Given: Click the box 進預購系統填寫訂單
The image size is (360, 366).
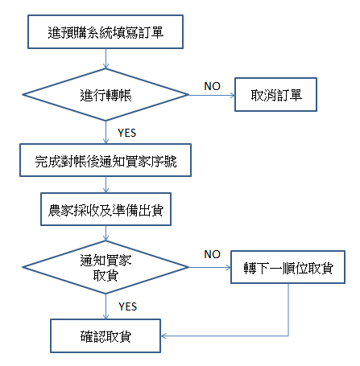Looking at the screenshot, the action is click(x=106, y=31).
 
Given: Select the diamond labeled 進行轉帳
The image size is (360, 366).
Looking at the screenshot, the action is click(x=106, y=95).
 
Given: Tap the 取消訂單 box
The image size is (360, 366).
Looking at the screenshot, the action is click(x=275, y=95).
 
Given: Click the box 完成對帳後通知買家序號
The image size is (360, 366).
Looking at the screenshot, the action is click(x=106, y=160).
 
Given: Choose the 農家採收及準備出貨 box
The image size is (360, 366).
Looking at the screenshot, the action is click(x=106, y=209).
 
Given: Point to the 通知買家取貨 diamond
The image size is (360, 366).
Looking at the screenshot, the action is click(x=106, y=267).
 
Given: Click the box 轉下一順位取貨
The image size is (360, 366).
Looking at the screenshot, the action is click(x=288, y=267).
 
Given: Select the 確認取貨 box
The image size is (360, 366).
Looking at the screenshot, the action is click(x=106, y=335).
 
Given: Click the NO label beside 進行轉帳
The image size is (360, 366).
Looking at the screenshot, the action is click(x=212, y=86).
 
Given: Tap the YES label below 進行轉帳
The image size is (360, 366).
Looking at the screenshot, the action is click(x=127, y=133).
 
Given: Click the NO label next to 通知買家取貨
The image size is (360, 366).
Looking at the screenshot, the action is click(x=212, y=254).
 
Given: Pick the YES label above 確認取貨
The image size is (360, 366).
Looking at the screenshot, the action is click(x=128, y=306).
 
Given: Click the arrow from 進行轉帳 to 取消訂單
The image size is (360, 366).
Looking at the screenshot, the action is click(x=212, y=95).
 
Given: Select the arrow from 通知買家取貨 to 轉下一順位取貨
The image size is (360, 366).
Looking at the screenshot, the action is click(x=209, y=267).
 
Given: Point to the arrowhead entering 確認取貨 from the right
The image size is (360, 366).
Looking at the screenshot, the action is click(x=163, y=335).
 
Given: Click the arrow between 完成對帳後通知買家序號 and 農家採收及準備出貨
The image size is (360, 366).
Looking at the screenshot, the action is click(x=106, y=184).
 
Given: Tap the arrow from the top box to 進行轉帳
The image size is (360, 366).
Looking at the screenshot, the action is click(x=106, y=59).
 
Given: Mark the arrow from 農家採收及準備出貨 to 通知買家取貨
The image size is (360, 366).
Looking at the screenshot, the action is click(x=106, y=233).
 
